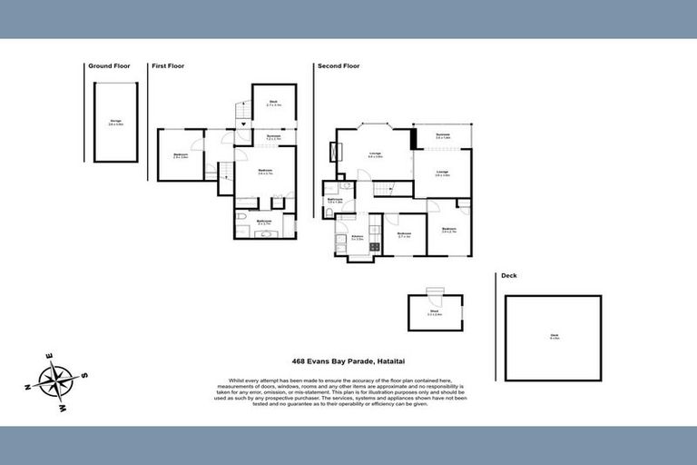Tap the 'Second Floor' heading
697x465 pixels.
tap(338, 66)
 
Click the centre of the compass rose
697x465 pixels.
tap(56, 378)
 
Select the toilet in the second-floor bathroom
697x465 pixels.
tap(328, 212)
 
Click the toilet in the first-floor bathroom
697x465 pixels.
tap(241, 218)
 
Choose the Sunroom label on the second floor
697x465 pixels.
tap(442, 136)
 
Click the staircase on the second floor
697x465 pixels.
tap(386, 188)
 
